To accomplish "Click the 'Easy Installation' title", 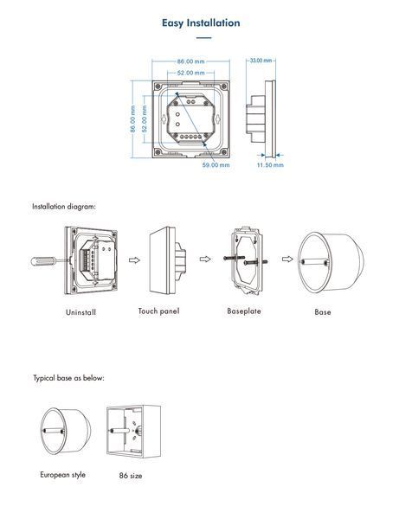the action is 201,22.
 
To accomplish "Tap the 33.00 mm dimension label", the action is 261,61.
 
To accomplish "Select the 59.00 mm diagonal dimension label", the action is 216,165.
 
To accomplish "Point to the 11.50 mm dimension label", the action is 270,165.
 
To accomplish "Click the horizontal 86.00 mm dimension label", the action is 190,61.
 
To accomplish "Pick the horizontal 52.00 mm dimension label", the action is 190,73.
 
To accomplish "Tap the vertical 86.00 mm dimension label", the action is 133,119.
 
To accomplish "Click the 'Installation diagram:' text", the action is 64,207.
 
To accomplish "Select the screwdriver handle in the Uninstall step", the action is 42,261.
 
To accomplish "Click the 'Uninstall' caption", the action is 80,312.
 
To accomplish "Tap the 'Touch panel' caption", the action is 158,311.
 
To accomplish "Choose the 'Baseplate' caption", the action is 244,311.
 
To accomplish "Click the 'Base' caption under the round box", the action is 323,311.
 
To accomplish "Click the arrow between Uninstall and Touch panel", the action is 134,260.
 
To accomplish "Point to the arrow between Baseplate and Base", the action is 287,259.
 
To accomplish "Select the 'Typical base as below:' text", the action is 68,378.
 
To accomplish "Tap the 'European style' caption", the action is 63,475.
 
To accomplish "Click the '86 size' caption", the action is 131,476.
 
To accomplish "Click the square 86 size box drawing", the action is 133,432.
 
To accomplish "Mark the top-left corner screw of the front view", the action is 158,86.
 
